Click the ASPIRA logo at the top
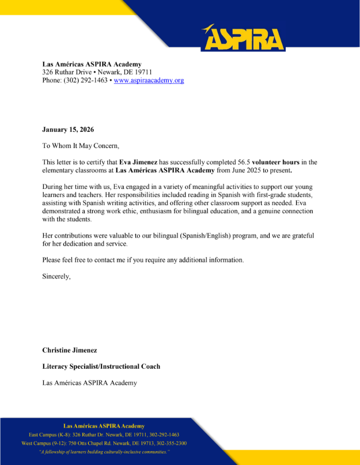[x=243, y=38]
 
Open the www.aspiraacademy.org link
[x=149, y=81]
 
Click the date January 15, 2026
[x=68, y=130]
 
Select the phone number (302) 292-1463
[x=85, y=81]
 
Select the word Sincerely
[x=56, y=276]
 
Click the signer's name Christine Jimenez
[x=70, y=350]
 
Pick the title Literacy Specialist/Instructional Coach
[x=101, y=366]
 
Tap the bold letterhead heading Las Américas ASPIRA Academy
[x=92, y=64]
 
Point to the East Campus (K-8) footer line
[x=104, y=434]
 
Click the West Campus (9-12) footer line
[x=104, y=443]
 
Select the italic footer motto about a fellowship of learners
[x=104, y=452]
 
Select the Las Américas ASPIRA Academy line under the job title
[x=89, y=383]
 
